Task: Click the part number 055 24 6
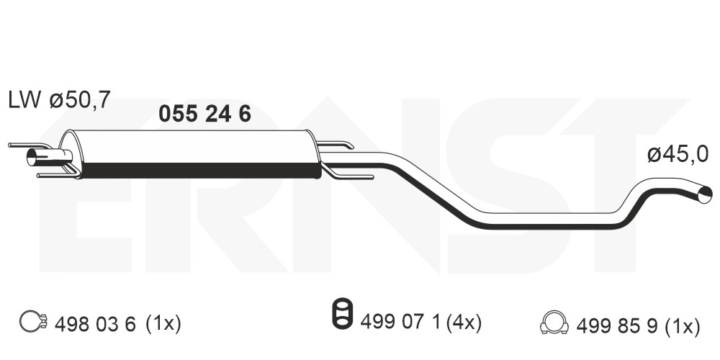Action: pos(204,114)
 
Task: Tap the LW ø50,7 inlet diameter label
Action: pos(60,100)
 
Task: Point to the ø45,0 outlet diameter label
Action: pos(678,155)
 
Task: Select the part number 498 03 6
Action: pos(95,325)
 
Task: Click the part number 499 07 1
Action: pos(401,323)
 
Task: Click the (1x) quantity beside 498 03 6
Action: pos(163,325)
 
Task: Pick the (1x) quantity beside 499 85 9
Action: pos(683,326)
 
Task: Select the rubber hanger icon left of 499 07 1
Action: pos(342,314)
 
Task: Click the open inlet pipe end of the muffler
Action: pos(32,157)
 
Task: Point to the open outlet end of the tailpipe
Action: pos(705,194)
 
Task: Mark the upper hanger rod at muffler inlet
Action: pos(30,145)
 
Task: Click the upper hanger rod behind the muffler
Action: pos(336,145)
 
